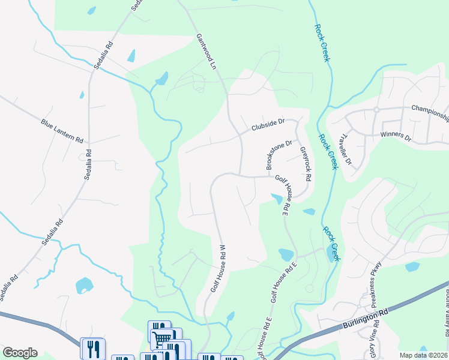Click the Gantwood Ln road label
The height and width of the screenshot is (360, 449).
pos(206,52)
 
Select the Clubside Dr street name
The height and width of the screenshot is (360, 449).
pos(268,125)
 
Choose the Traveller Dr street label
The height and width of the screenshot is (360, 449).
pos(346,148)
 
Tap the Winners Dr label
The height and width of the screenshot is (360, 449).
pos(396,135)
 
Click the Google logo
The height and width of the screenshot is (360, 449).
pos(20,353)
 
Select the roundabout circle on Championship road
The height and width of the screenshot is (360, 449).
pos(376,110)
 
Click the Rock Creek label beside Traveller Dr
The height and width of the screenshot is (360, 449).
pos(328,152)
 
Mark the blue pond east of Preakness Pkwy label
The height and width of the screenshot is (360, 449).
pos(412,267)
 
